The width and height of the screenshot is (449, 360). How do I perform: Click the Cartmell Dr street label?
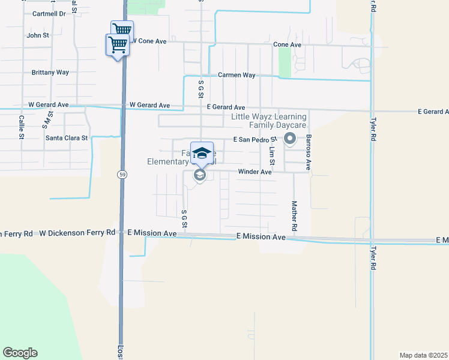coord(49,13)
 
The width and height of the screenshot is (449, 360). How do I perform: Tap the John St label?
coord(38,35)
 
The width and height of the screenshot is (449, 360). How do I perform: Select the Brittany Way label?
coord(50,72)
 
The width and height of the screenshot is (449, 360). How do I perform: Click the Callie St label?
coord(21,127)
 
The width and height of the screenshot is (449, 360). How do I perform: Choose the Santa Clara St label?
coord(67,137)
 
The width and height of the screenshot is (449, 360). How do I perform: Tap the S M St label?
coord(46,120)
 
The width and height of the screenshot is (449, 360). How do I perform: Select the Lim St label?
coord(271,156)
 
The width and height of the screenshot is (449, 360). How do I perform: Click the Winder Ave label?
coord(255,172)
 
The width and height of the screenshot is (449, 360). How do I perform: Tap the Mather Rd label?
coord(295,216)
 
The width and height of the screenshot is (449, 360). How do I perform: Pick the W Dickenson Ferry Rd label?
coord(77,232)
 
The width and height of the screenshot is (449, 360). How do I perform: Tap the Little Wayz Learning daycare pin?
coord(291,139)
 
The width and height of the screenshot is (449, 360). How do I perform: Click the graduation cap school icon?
coord(202,152)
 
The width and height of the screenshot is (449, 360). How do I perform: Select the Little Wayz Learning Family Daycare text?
coord(269,121)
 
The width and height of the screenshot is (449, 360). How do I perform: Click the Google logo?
coord(20,353)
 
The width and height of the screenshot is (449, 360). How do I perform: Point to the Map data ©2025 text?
coord(424,355)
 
